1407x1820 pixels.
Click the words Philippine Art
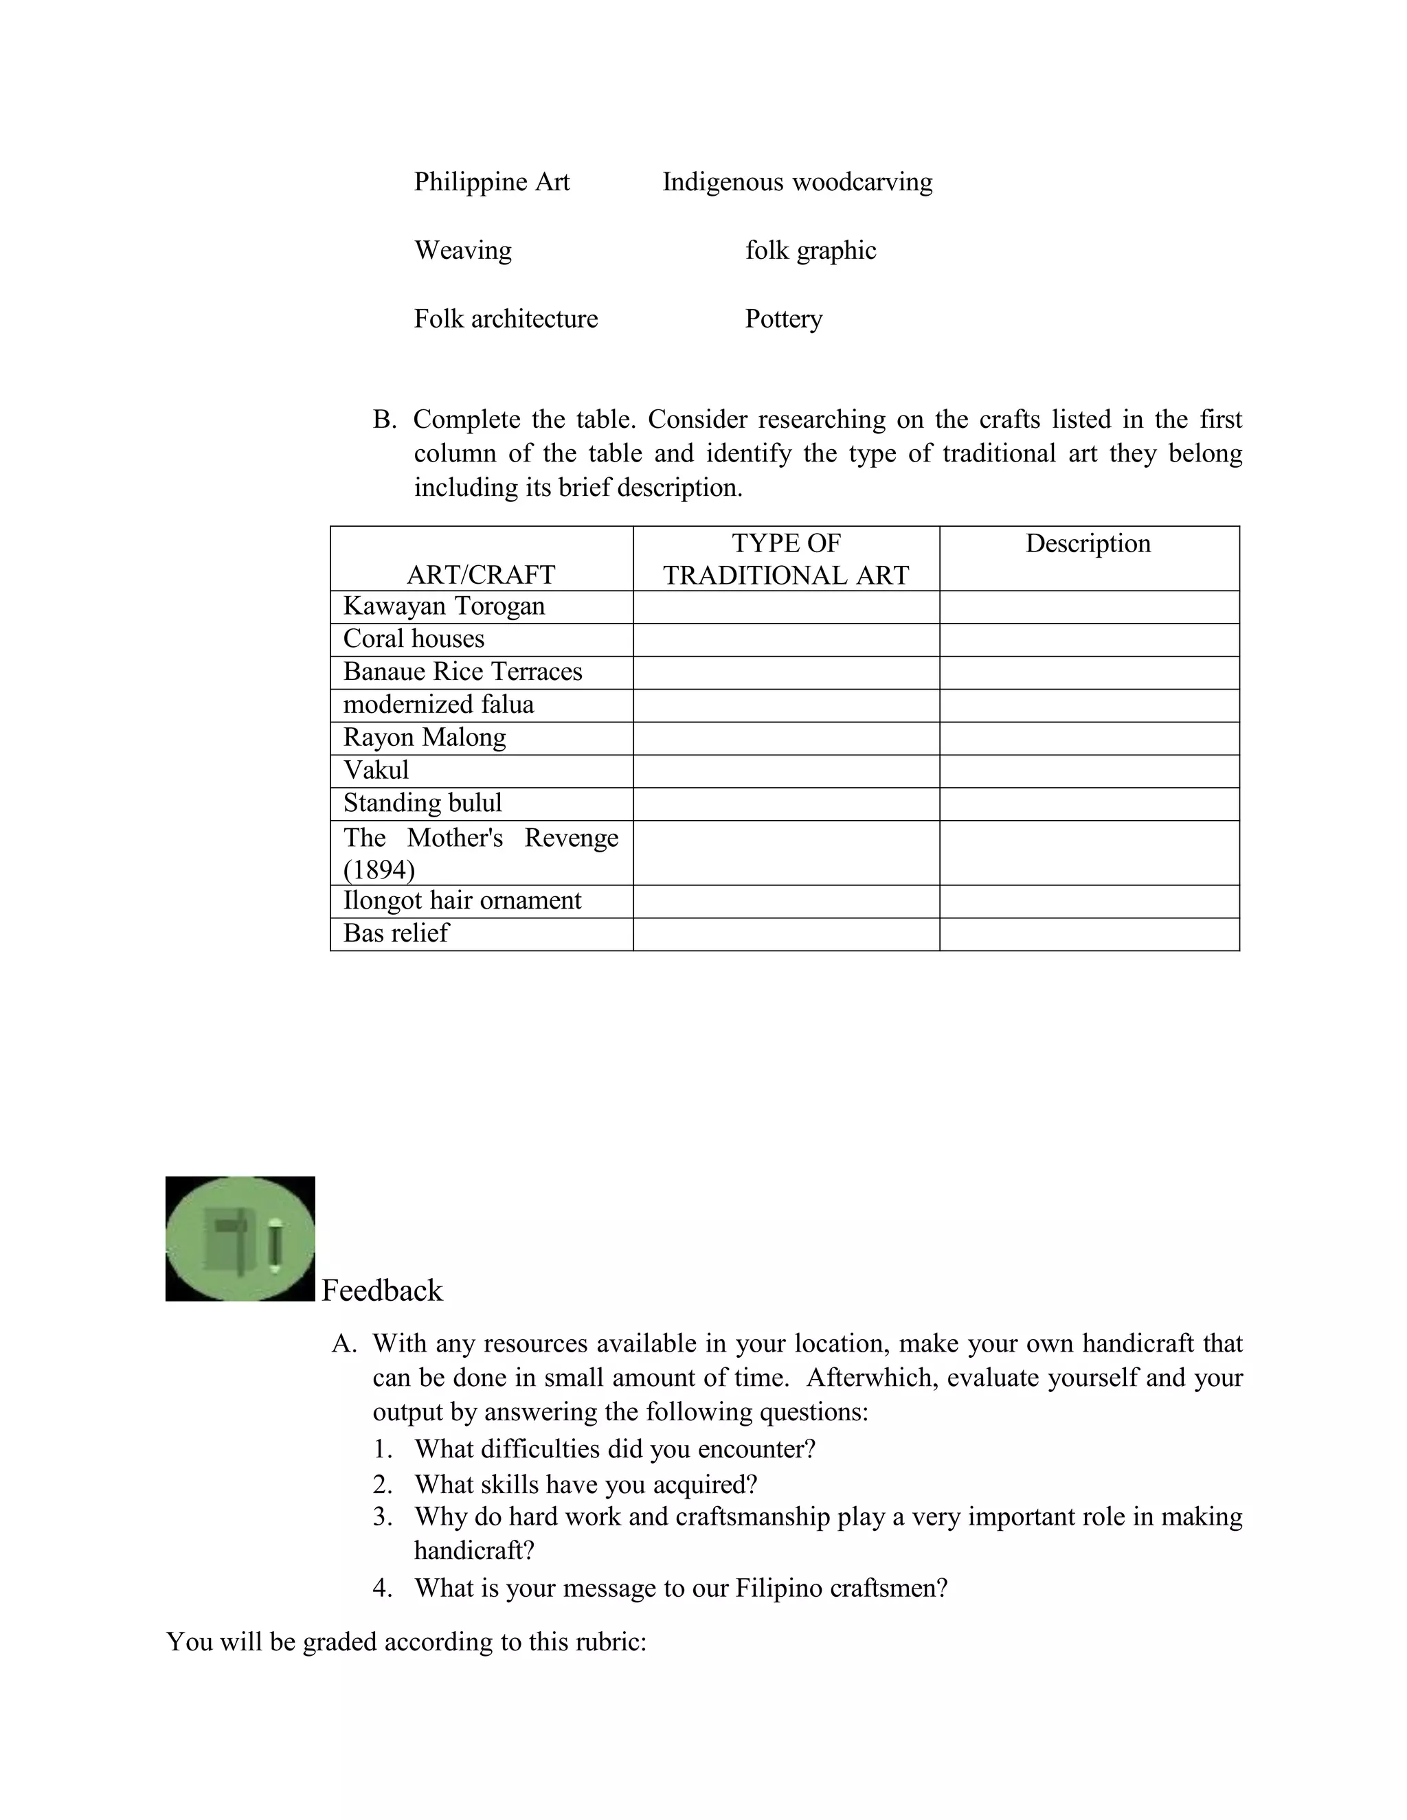click(x=492, y=182)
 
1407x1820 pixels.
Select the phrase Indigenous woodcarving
click(x=797, y=182)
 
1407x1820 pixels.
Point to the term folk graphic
click(x=810, y=250)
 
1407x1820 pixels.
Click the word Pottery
click(x=783, y=319)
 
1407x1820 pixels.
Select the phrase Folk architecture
click(x=506, y=319)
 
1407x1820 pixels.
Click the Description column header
click(x=1088, y=543)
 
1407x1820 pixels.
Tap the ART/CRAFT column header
click(x=481, y=574)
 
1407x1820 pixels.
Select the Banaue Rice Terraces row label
click(x=462, y=672)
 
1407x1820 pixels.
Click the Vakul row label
click(x=376, y=770)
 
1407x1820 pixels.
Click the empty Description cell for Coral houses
click(x=1089, y=639)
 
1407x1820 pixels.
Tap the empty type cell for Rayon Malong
click(x=785, y=738)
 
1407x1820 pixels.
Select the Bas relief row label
click(x=396, y=933)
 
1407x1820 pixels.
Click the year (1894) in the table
click(x=379, y=870)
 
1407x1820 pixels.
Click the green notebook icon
click(x=240, y=1238)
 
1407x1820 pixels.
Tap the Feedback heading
click(x=382, y=1291)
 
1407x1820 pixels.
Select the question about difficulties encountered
click(x=614, y=1448)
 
